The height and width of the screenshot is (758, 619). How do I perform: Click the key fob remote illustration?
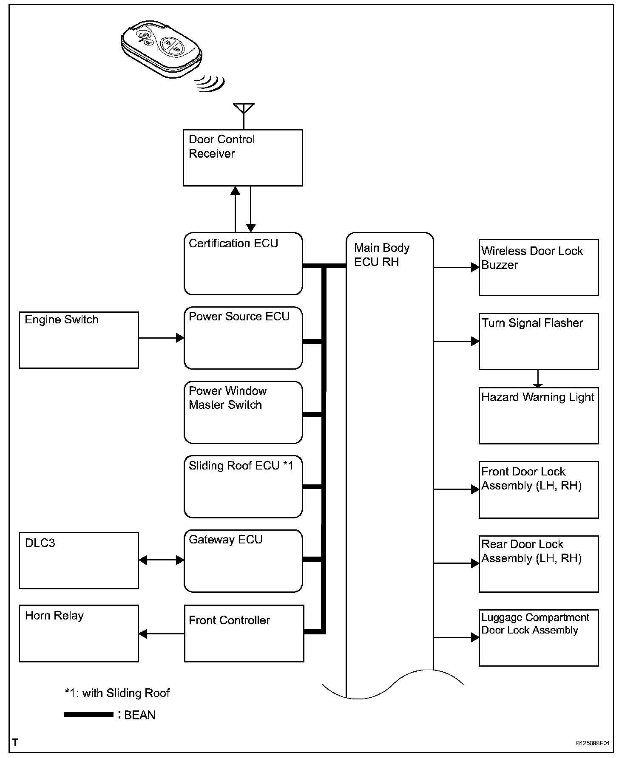[x=162, y=48]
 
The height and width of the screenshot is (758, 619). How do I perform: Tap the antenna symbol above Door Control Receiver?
[x=244, y=109]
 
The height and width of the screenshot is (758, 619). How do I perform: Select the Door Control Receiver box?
[x=243, y=158]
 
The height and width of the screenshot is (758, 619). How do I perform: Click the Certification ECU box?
[x=243, y=263]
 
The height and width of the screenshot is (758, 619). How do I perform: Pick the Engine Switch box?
[x=79, y=340]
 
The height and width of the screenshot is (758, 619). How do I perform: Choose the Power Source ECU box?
[x=243, y=338]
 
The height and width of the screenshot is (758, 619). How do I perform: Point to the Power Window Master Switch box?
[x=243, y=412]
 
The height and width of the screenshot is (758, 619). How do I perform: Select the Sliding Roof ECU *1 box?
[x=243, y=486]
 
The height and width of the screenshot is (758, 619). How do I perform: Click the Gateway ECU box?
[x=243, y=560]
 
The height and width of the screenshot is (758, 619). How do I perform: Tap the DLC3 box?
[x=79, y=560]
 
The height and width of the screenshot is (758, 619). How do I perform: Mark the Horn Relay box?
[x=79, y=634]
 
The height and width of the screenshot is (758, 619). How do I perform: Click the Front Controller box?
[x=244, y=634]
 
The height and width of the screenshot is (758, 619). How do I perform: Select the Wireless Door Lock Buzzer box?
[x=539, y=267]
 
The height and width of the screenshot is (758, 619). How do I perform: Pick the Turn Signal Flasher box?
[x=539, y=341]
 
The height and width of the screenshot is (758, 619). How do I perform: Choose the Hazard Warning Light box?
[x=539, y=416]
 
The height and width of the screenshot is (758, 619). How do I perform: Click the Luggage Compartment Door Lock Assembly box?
[x=539, y=638]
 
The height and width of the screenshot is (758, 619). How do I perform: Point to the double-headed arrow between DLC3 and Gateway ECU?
[x=161, y=560]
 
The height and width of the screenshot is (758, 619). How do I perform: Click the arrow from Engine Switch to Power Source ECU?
[x=161, y=338]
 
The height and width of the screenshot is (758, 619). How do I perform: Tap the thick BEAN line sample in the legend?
[x=88, y=715]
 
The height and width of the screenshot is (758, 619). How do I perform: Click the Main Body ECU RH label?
[x=381, y=255]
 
